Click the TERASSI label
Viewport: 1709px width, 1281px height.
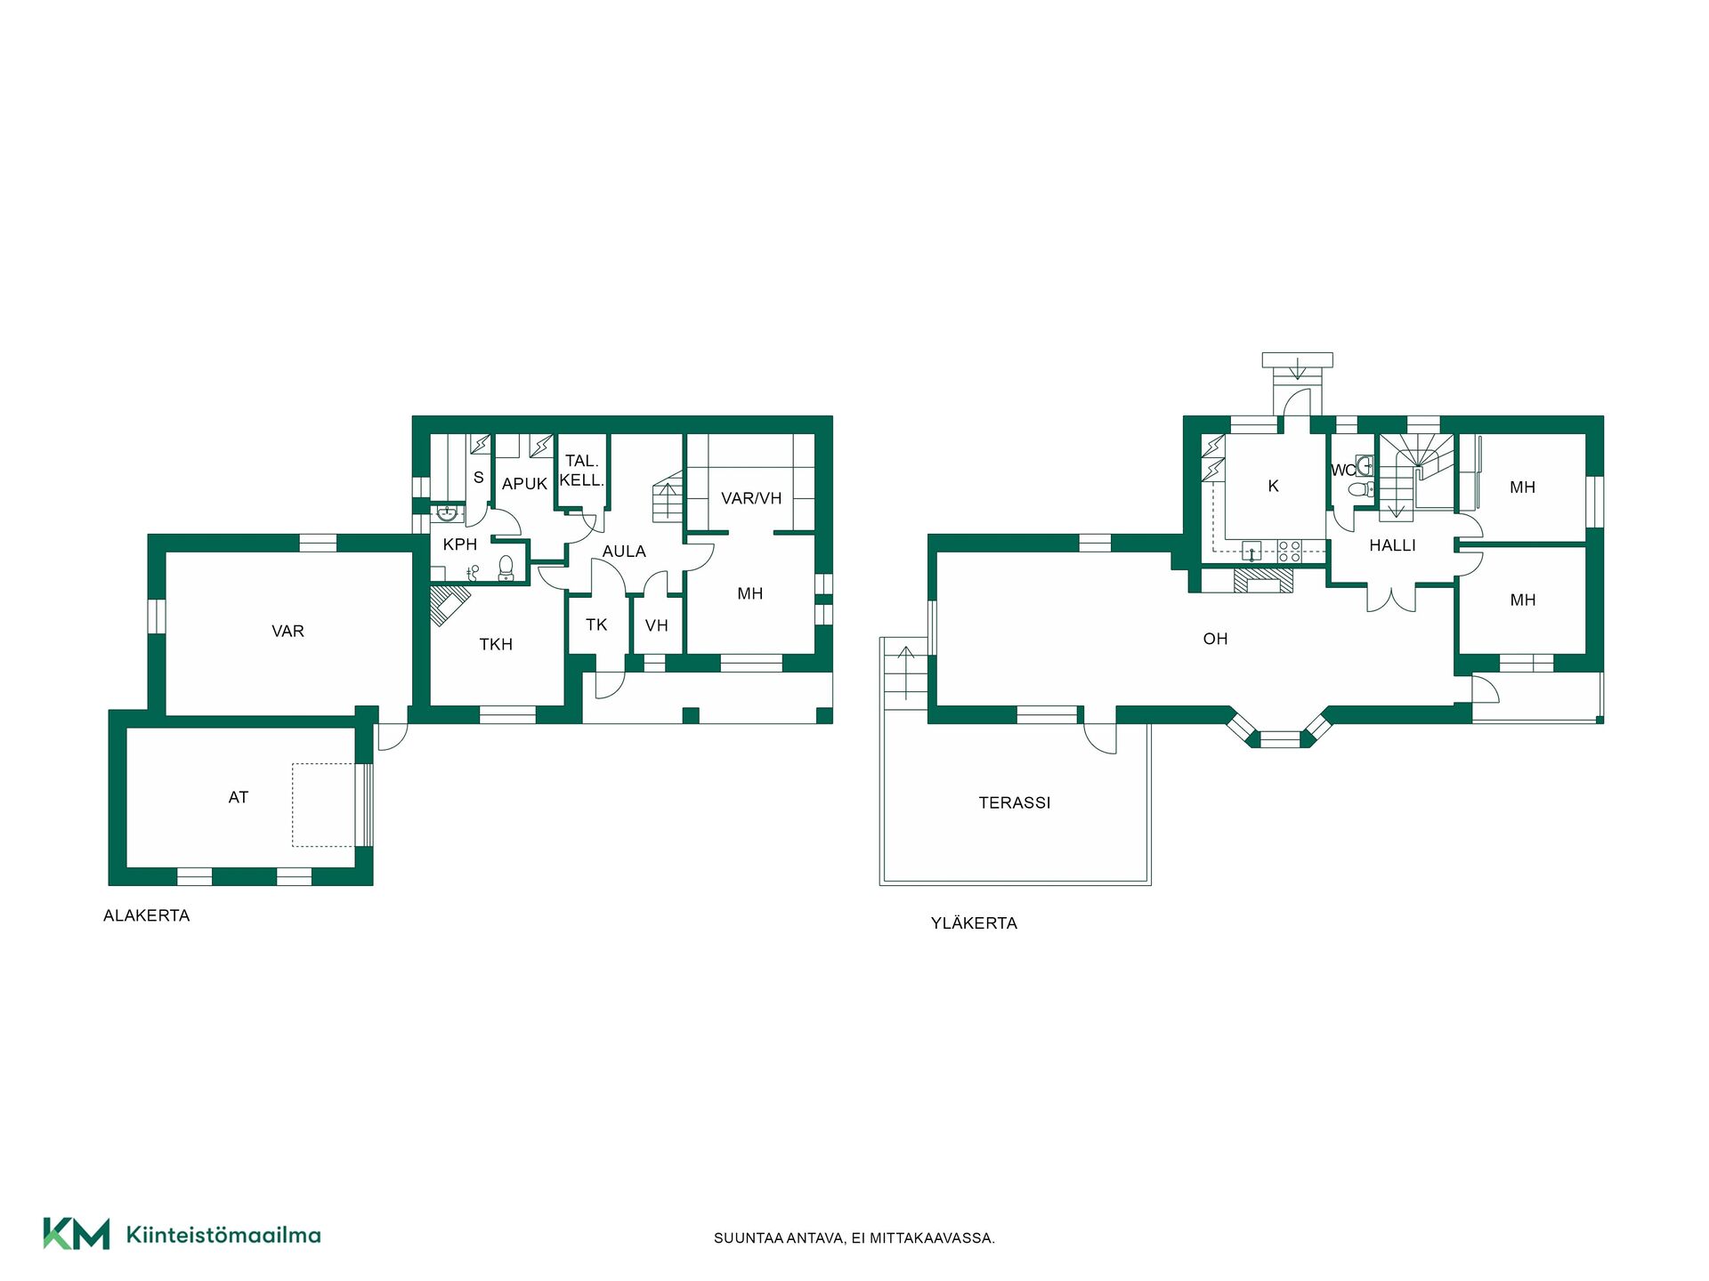1015,802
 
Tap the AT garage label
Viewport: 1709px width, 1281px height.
238,797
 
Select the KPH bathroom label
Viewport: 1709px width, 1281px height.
460,544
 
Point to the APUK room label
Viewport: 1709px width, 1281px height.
524,484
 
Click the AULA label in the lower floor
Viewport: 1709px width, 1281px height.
624,552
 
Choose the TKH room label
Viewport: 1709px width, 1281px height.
496,644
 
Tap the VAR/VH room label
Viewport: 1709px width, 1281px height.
751,498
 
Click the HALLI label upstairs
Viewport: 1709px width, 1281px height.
1392,545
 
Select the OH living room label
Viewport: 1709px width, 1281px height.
1215,639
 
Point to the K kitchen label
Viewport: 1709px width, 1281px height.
1273,486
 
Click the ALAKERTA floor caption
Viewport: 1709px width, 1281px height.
147,915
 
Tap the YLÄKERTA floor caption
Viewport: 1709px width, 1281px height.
974,922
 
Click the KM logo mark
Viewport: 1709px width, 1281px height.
77,1234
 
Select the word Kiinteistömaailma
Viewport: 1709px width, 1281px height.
223,1235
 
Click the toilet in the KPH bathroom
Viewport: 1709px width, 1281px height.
506,568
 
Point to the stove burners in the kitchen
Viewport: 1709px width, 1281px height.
1289,552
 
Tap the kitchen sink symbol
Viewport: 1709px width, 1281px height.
1251,552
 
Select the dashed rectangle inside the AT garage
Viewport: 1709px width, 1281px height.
324,805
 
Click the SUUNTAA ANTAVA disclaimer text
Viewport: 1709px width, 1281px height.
854,1237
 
